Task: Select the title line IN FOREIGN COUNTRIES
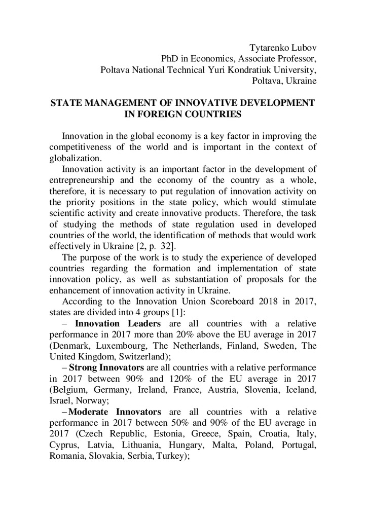tap(182, 114)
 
